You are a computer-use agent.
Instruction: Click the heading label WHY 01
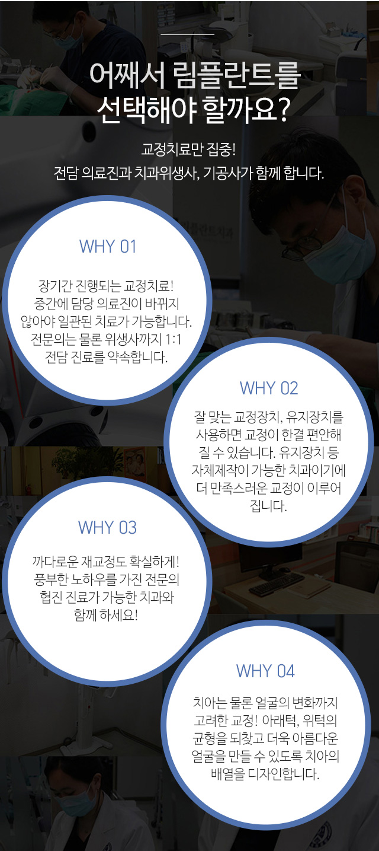(108, 246)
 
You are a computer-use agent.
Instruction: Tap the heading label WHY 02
(269, 388)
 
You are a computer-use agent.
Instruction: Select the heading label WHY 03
(107, 528)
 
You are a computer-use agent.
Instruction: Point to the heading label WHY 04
(265, 671)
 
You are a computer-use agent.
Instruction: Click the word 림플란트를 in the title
(236, 75)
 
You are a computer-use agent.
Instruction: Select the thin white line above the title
(188, 34)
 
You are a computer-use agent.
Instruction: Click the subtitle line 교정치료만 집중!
(188, 149)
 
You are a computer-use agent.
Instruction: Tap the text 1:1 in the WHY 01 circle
(174, 339)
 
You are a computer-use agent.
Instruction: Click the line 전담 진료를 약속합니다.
(106, 357)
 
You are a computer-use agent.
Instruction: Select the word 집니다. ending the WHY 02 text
(268, 506)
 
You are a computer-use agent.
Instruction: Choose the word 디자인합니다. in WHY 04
(284, 773)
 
